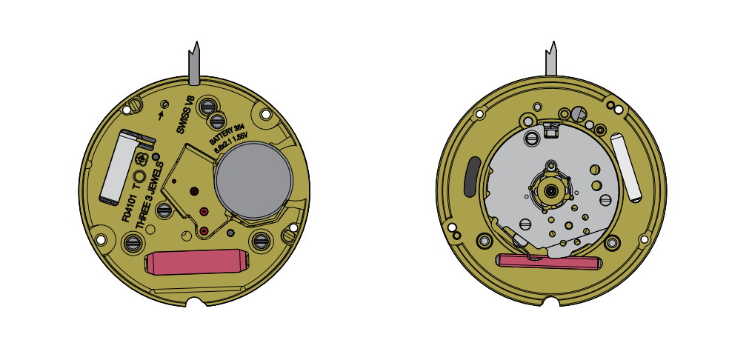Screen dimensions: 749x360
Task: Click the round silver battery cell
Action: [253, 181]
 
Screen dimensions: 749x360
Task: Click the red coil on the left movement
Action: [196, 262]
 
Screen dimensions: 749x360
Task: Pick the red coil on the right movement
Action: [548, 261]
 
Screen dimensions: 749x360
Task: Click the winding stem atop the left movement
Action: [195, 62]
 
